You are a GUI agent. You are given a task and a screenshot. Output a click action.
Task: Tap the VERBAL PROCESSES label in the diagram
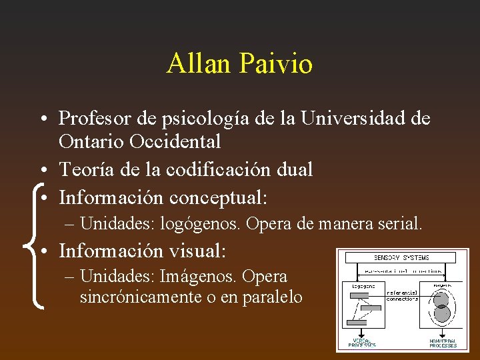pos(363,343)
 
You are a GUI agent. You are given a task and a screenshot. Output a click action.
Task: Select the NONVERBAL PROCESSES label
pos(443,343)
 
